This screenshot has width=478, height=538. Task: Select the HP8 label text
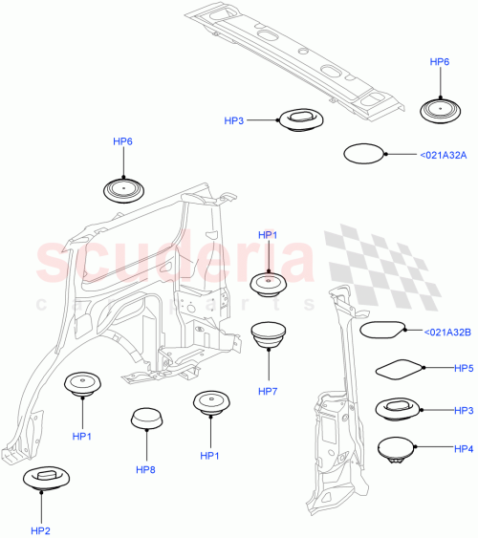(x=145, y=469)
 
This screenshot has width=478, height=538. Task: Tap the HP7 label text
(x=268, y=392)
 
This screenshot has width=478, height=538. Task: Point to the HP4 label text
(x=464, y=449)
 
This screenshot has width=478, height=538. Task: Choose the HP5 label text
(x=464, y=368)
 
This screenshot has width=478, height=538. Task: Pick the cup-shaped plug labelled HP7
(x=269, y=336)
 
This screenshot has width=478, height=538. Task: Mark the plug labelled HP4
(x=396, y=448)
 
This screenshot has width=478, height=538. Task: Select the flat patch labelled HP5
(x=397, y=368)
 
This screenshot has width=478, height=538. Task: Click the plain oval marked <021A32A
(x=363, y=154)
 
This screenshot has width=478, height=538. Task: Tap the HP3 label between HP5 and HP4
(x=464, y=410)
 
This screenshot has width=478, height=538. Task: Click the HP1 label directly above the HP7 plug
(x=268, y=235)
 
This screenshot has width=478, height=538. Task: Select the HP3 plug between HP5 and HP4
(x=396, y=409)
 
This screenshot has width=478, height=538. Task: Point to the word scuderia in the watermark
(x=172, y=260)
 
